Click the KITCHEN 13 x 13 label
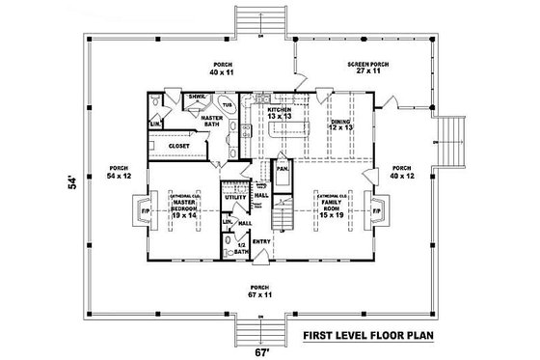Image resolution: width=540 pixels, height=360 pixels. coord(279,114)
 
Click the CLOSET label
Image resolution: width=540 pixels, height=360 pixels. coord(178,146)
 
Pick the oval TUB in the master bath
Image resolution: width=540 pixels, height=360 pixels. coord(228,105)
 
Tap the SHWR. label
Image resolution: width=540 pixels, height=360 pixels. coord(196,97)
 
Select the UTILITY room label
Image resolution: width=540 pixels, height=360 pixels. coord(232,196)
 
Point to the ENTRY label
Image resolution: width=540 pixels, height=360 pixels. coord(260,242)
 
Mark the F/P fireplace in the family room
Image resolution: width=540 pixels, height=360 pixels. coord(377,210)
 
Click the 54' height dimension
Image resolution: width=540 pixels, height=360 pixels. coord(71,184)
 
